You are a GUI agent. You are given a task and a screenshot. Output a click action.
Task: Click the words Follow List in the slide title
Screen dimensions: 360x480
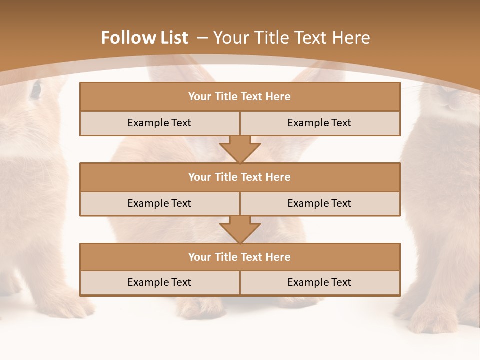click(x=144, y=38)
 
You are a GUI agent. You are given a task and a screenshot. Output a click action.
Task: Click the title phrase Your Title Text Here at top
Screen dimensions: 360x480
click(x=291, y=38)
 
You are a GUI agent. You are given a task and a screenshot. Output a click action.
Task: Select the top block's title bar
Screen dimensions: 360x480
click(x=240, y=97)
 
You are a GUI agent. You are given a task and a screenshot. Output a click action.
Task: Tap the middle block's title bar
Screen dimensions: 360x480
click(x=240, y=177)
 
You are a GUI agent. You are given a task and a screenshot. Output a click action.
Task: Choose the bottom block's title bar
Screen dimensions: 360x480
click(x=240, y=257)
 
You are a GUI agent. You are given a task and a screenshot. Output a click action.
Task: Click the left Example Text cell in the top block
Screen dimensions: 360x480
click(x=159, y=123)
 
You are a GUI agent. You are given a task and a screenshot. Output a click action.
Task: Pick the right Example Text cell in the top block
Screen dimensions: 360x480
click(x=320, y=123)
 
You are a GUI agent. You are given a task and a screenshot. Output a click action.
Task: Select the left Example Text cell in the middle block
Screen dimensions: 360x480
click(x=159, y=203)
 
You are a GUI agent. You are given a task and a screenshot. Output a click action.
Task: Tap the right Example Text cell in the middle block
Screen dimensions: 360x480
click(x=320, y=203)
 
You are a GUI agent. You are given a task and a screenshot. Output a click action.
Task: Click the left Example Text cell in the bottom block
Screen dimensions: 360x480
click(x=159, y=282)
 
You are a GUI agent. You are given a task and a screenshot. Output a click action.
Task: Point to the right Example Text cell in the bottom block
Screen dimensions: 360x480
click(x=320, y=282)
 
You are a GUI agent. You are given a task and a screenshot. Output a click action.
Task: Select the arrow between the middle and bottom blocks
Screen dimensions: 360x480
click(x=240, y=229)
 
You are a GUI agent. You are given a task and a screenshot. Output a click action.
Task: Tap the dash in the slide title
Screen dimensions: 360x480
click(x=202, y=38)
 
